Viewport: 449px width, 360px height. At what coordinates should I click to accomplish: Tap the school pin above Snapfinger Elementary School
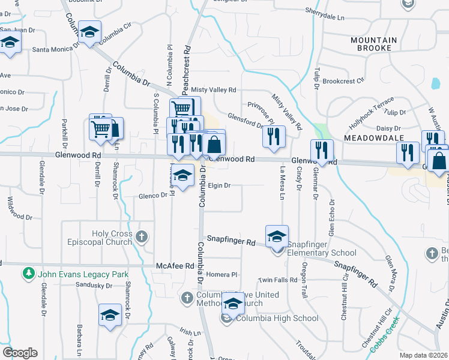click(x=277, y=236)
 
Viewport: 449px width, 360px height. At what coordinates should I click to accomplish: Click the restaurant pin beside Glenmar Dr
click(x=321, y=151)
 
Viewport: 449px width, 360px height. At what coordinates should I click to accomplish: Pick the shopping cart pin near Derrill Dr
click(x=100, y=127)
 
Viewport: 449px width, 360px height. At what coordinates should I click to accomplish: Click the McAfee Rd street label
click(x=175, y=265)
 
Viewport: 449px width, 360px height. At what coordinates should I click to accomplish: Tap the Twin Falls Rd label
click(x=278, y=280)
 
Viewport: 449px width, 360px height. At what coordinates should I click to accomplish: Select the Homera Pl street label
click(x=222, y=274)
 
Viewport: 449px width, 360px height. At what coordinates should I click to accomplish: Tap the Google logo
click(x=20, y=353)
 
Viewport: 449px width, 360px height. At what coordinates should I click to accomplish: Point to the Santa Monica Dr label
click(x=56, y=49)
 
